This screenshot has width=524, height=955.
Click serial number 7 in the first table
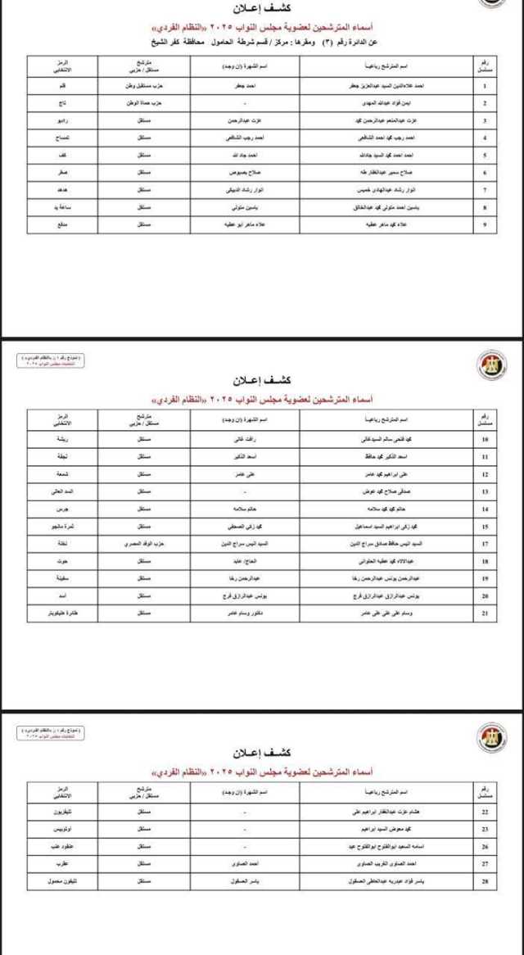485,189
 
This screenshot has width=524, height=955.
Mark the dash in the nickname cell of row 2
245,102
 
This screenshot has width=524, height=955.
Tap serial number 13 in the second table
485,491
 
